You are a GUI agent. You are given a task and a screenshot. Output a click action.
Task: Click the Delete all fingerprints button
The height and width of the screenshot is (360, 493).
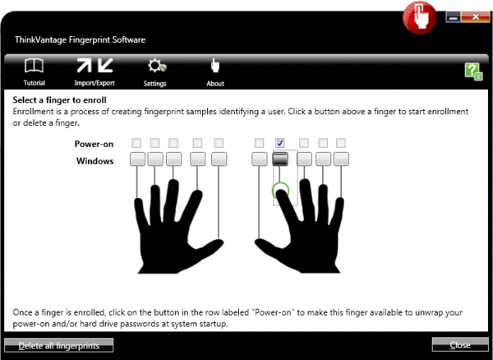tap(59, 345)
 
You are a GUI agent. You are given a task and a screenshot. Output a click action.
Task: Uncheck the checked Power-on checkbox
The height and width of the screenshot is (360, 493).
tap(280, 143)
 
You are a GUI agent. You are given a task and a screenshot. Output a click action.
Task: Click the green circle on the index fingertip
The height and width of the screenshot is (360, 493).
tap(281, 192)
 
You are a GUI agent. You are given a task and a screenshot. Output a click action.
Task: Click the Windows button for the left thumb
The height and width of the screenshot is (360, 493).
tap(219, 159)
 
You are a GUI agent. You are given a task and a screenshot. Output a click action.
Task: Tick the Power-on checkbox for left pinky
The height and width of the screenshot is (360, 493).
tap(136, 143)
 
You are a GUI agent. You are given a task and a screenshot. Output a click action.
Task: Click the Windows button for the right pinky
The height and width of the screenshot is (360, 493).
tap(342, 159)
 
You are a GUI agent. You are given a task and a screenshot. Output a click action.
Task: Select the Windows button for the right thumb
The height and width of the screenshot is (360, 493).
tap(260, 159)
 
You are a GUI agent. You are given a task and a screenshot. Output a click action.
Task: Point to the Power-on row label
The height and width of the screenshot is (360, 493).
tap(94, 143)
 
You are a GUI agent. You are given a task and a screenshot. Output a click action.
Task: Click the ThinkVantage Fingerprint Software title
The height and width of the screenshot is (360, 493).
tap(81, 39)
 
